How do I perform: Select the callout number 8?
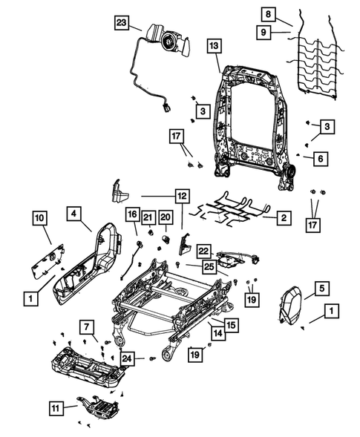[268, 14]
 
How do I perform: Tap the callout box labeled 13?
[213, 46]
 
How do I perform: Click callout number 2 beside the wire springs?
[283, 218]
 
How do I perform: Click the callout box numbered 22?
[204, 252]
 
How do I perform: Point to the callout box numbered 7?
[88, 327]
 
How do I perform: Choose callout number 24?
[128, 360]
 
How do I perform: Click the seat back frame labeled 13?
[252, 119]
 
